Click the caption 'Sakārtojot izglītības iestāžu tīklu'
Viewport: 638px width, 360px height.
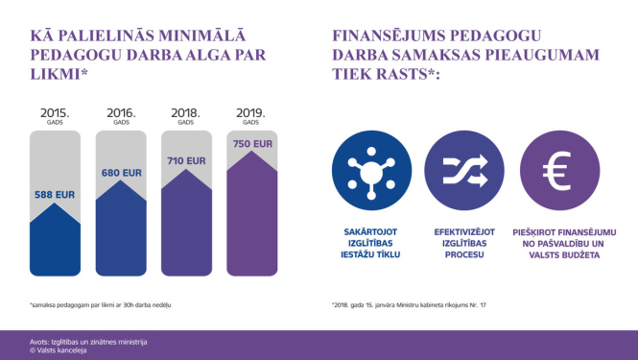coord(369,244)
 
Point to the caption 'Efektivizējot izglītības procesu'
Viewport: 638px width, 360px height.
coord(464,244)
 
